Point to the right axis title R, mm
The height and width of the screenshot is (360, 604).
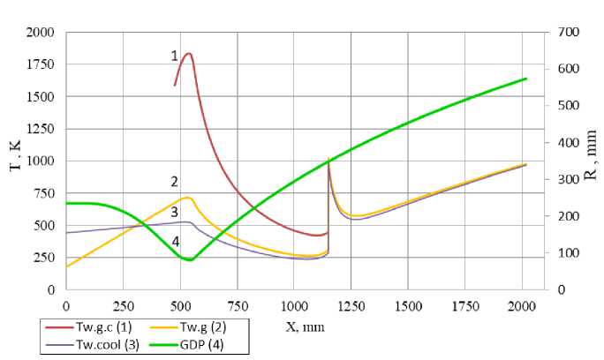[x=590, y=161]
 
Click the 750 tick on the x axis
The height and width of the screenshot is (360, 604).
[x=237, y=304]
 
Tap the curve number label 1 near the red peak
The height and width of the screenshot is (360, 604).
[x=174, y=56]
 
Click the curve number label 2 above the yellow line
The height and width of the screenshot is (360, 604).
[x=175, y=183]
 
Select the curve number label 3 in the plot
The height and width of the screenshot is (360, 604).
[x=175, y=213]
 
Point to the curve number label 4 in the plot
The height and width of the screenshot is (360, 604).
[x=175, y=242]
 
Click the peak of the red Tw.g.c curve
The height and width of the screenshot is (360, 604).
[x=188, y=54]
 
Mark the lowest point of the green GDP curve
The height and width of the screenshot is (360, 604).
[x=187, y=260]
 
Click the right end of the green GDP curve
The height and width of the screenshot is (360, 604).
[x=526, y=79]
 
